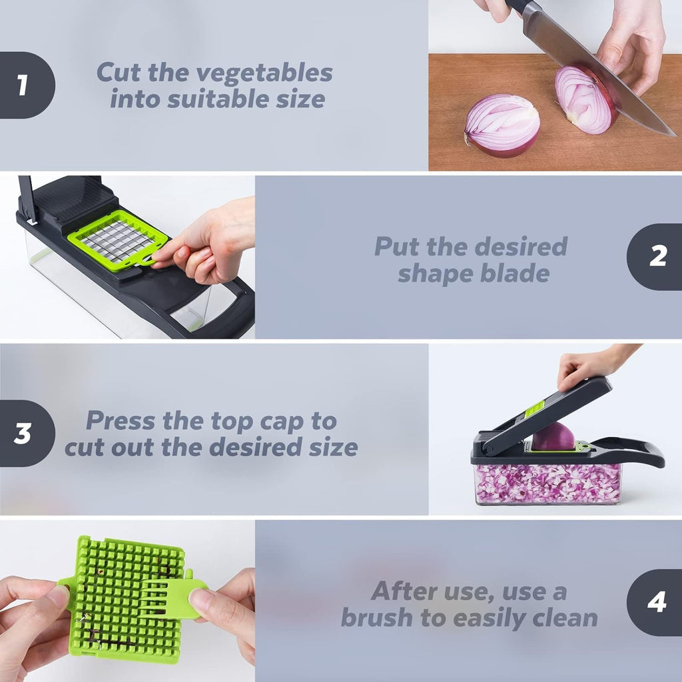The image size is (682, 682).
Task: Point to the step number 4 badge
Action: (657, 602)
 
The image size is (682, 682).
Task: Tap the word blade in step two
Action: (517, 273)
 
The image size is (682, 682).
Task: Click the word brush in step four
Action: (377, 617)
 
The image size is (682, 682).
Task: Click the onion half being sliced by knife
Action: (583, 100)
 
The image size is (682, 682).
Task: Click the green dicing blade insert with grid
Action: (119, 240)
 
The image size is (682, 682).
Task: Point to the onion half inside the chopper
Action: (553, 437)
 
